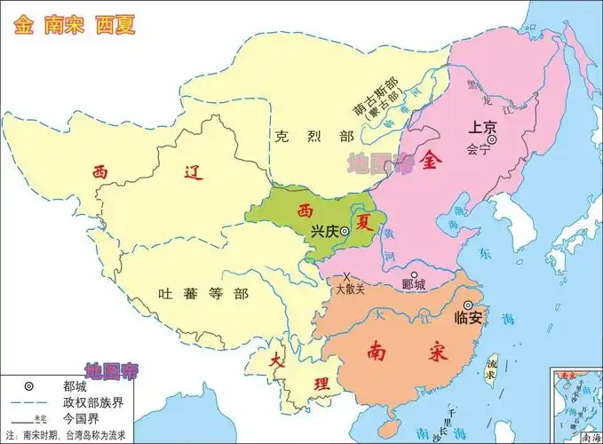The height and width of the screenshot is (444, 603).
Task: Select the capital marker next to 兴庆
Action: tap(345, 231)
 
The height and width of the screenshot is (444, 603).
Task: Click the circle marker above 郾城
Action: tap(414, 274)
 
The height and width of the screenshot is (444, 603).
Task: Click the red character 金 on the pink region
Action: tap(432, 161)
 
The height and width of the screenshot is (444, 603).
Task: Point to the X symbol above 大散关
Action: tap(347, 277)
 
